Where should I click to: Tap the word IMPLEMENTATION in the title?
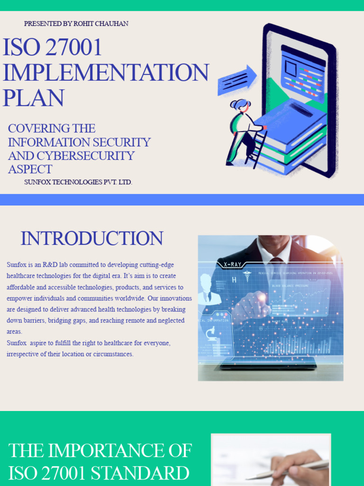(x=106, y=73)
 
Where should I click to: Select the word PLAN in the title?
(x=33, y=98)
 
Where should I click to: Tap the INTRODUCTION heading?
(x=92, y=238)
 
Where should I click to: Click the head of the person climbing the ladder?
(x=241, y=105)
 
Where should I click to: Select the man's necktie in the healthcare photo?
(x=276, y=273)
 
